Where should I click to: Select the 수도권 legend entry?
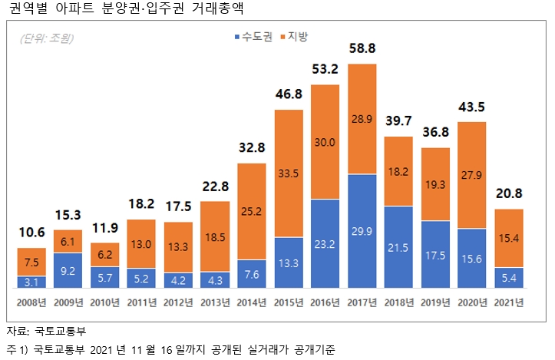click(x=253, y=38)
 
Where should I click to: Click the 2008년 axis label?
click(x=32, y=302)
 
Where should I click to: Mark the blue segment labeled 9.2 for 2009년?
click(x=69, y=271)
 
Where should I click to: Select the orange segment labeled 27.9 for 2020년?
click(x=471, y=176)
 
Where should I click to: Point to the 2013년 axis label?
click(x=216, y=302)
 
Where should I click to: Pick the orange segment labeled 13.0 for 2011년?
click(x=142, y=244)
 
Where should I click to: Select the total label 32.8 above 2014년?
click(x=252, y=147)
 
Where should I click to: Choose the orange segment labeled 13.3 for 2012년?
click(x=179, y=246)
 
